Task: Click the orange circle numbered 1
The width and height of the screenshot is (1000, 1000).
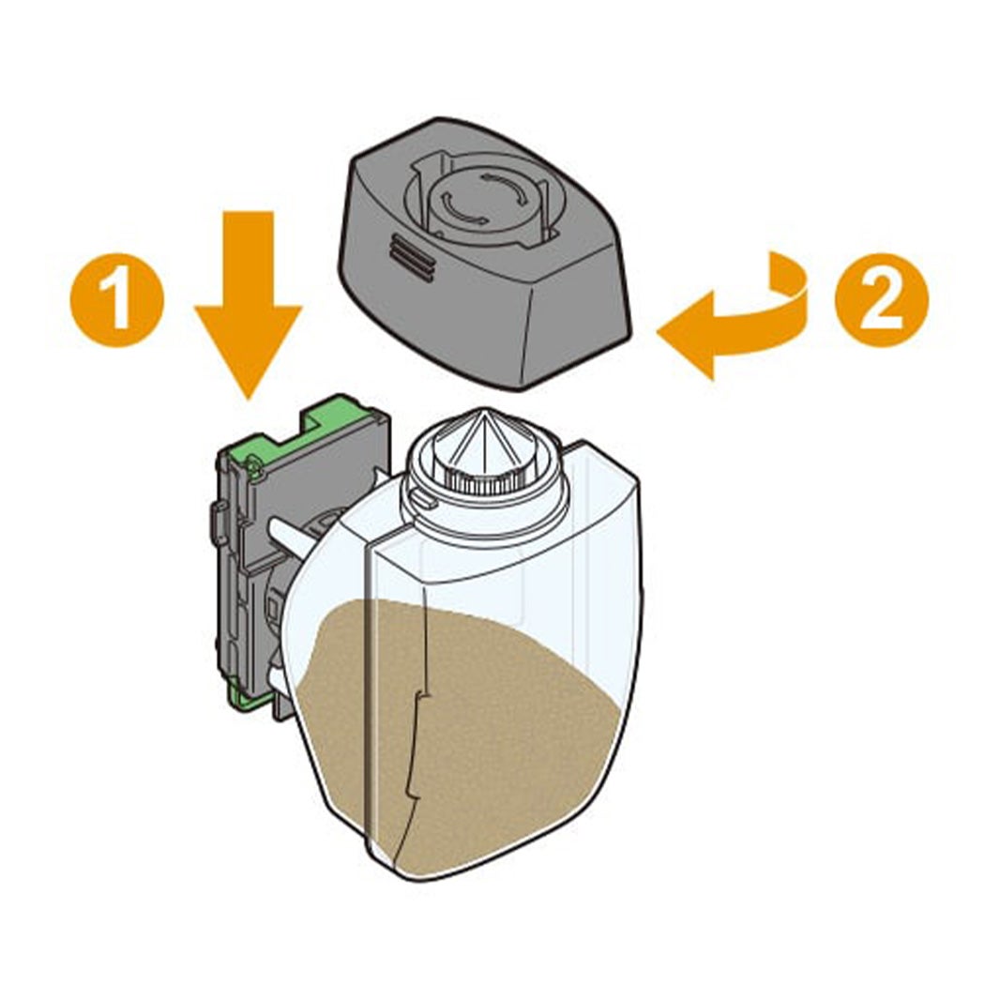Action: (117, 300)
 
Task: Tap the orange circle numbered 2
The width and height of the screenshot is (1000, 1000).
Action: (882, 300)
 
